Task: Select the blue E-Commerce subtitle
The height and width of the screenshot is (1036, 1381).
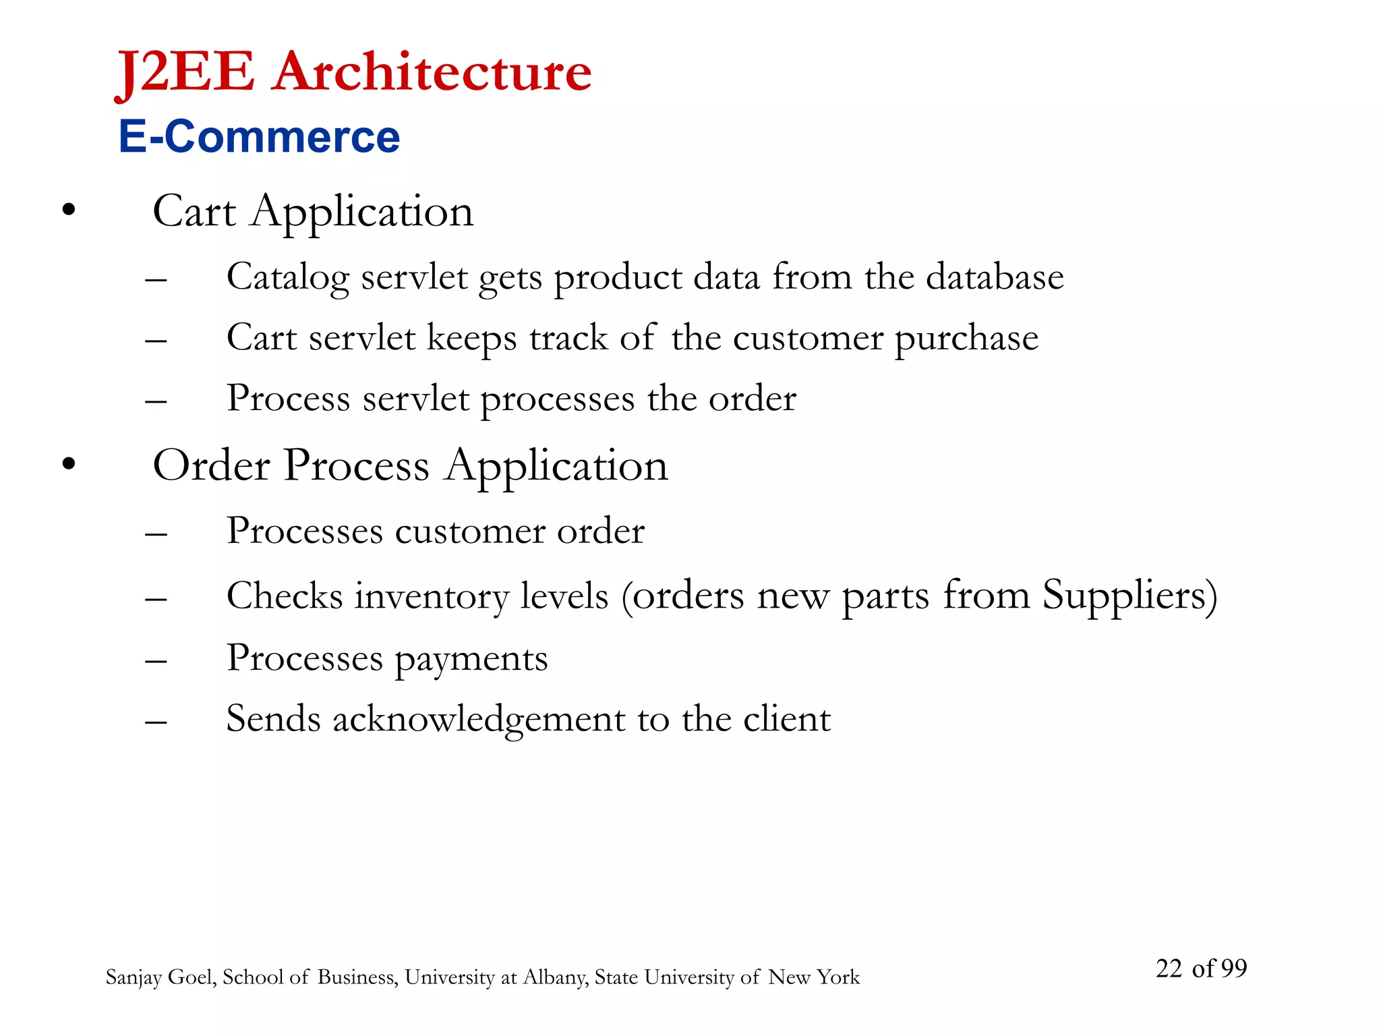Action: tap(259, 137)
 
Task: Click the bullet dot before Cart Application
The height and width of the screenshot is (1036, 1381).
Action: tap(68, 210)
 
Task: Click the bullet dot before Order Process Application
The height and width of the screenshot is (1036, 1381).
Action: tap(68, 464)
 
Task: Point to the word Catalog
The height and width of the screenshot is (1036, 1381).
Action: tap(288, 278)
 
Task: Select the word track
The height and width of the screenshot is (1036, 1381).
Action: tap(568, 338)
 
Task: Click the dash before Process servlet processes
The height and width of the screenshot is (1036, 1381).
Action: tap(156, 401)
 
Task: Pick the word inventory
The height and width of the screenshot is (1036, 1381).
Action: tap(432, 597)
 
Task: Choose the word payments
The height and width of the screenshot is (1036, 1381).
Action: tap(471, 660)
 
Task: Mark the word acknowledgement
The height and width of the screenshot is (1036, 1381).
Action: tap(479, 720)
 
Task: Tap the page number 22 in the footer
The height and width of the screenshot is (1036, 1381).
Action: tap(1169, 969)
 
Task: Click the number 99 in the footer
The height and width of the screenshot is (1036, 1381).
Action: tap(1233, 969)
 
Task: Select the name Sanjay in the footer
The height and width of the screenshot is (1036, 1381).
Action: tap(134, 978)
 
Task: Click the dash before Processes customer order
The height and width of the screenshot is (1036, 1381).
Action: tap(156, 534)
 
